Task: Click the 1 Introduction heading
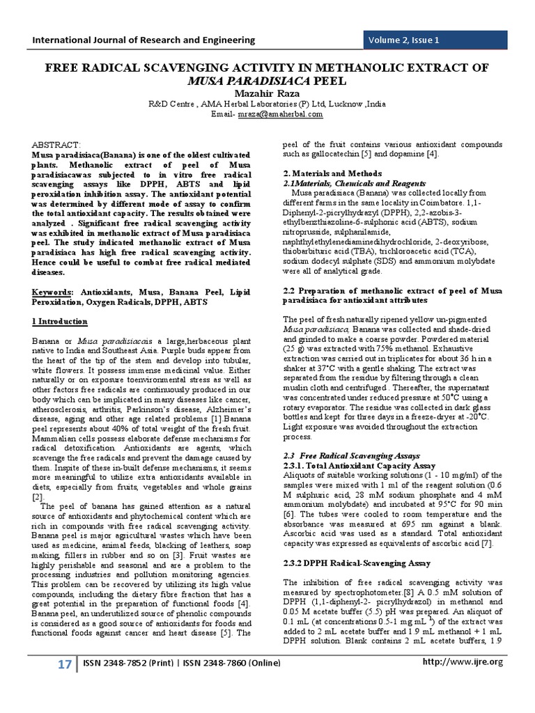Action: click(x=60, y=321)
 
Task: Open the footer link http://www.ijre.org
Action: click(x=463, y=681)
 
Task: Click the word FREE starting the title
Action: click(x=59, y=68)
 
